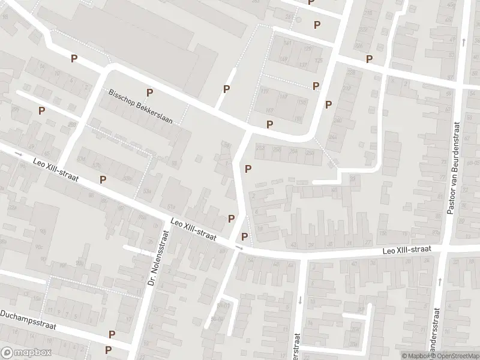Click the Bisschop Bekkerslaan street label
140,107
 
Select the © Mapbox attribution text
415,355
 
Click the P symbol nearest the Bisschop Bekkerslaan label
149,92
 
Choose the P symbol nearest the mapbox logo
108,350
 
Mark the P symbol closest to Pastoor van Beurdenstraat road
369,59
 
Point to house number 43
293,244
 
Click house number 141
286,43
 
